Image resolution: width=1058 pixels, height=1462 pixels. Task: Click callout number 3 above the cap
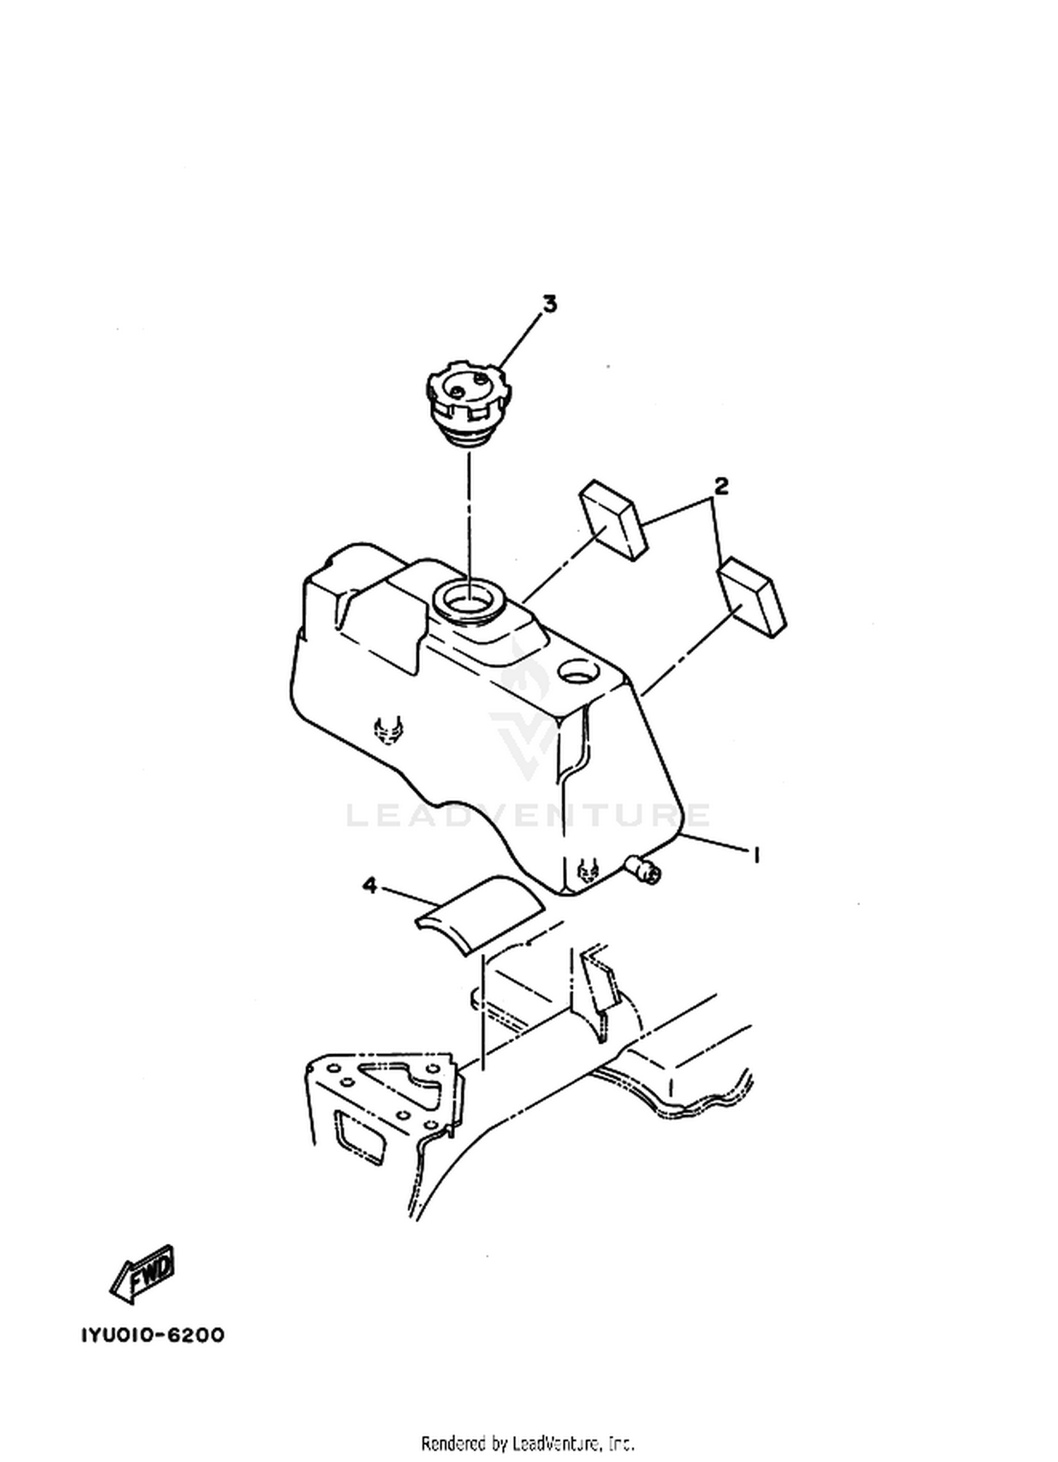click(549, 304)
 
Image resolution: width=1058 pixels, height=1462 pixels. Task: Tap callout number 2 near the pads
click(721, 486)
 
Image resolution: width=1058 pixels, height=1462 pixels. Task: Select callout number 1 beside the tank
click(756, 856)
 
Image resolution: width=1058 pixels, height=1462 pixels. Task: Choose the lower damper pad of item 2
click(751, 598)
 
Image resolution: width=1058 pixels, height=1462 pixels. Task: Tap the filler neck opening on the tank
click(468, 600)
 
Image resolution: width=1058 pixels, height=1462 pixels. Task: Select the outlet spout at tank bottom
click(644, 869)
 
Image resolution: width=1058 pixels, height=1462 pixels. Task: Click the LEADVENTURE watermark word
click(528, 815)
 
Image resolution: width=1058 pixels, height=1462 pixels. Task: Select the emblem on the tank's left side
click(389, 730)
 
